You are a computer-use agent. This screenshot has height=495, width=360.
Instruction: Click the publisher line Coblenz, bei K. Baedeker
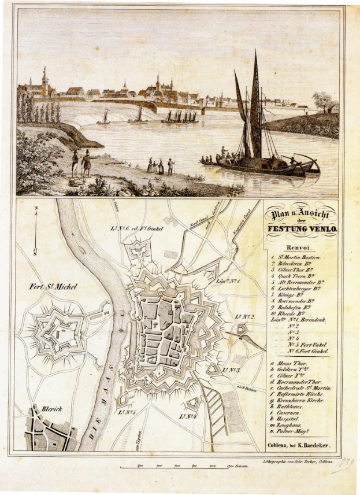pyautogui.click(x=302, y=446)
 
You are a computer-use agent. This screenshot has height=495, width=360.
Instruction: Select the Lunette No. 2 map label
pyautogui.click(x=245, y=317)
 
